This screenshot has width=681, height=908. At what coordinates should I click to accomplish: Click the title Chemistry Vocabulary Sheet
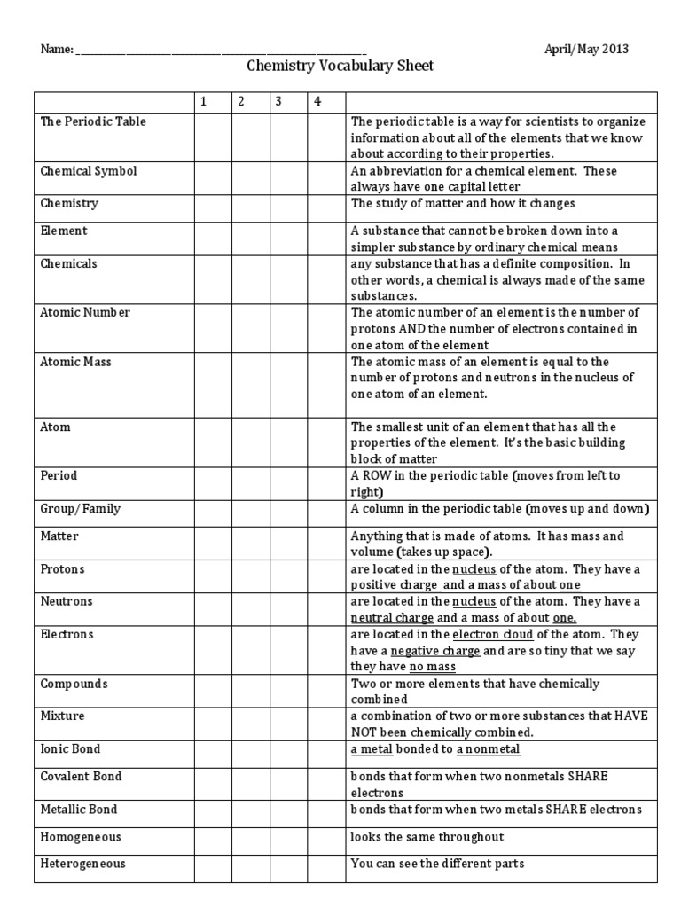[340, 67]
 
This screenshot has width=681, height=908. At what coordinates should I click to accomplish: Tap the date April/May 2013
[586, 50]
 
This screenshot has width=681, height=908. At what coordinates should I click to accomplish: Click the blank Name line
[222, 51]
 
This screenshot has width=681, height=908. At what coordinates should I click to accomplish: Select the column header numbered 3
[278, 101]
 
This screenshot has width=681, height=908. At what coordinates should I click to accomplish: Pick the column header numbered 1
[204, 101]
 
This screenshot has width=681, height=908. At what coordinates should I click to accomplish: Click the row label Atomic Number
[85, 312]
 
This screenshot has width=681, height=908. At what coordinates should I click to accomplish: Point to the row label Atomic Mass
[76, 362]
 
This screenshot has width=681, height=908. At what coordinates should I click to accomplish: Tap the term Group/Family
[81, 509]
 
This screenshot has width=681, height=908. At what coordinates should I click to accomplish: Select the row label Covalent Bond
[82, 777]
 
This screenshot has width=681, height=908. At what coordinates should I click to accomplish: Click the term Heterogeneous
[83, 863]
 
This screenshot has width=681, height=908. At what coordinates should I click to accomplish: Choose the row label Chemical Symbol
[89, 170]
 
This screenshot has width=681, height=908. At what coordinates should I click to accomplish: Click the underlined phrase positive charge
[394, 585]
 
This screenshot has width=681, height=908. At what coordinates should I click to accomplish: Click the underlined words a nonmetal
[488, 748]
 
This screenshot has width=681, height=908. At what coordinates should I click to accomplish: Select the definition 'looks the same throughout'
[427, 837]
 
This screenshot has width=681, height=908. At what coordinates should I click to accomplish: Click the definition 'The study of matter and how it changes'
[463, 203]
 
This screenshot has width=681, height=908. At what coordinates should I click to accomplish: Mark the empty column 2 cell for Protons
[251, 576]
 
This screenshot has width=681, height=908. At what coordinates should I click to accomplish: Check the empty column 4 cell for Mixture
[325, 724]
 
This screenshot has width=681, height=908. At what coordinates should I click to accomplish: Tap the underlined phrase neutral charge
[393, 618]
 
